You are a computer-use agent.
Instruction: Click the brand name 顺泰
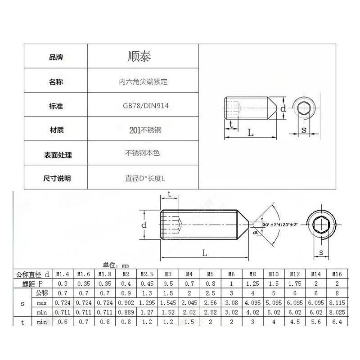coord(139,57)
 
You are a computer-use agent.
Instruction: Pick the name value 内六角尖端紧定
coord(143,82)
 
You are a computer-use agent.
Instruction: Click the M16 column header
coord(337,274)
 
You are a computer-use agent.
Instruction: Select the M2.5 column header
coord(146,274)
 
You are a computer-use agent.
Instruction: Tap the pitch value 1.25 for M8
coord(253,283)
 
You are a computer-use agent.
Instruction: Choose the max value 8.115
coord(337,303)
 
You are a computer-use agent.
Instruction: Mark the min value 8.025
coord(337,312)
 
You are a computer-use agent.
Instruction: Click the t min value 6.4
coord(337,322)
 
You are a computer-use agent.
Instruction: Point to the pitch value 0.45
coord(146,283)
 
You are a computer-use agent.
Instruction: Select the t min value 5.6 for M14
coord(316,322)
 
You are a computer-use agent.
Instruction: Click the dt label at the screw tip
coord(256,232)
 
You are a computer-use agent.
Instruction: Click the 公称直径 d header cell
coord(32,274)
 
